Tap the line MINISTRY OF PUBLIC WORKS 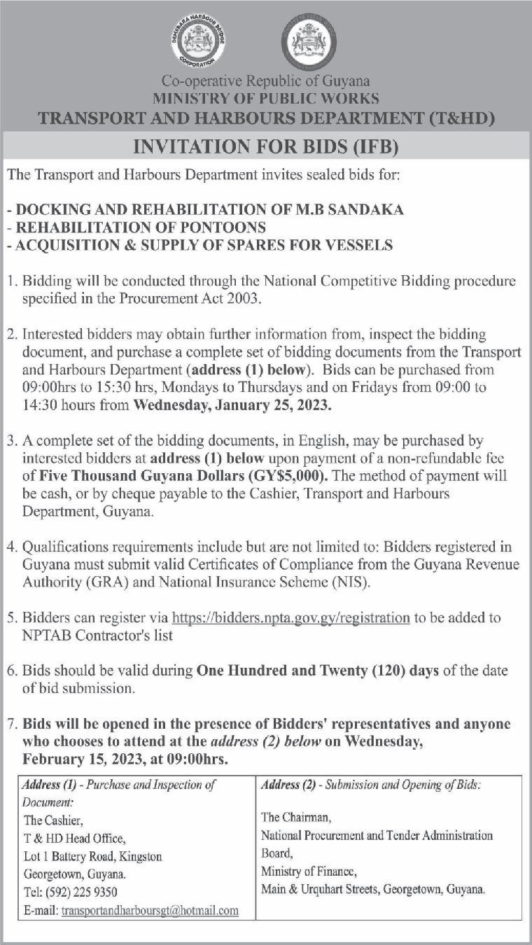click(266, 99)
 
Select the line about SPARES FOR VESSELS click(199, 245)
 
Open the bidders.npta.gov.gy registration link click(290, 618)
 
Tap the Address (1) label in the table click(46, 785)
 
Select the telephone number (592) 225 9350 click(82, 892)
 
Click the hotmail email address click(150, 911)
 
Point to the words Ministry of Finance click(309, 871)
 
